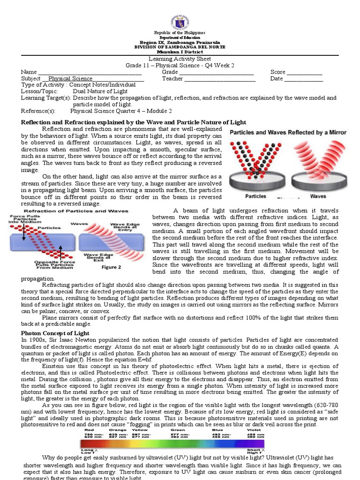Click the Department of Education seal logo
click(x=180, y=21)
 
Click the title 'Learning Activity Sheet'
click(x=180, y=59)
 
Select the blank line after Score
click(x=304, y=73)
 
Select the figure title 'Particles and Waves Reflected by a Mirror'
click(x=288, y=133)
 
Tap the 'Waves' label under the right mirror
click(x=319, y=196)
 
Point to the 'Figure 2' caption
click(x=112, y=267)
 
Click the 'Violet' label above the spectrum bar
click(x=254, y=429)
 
